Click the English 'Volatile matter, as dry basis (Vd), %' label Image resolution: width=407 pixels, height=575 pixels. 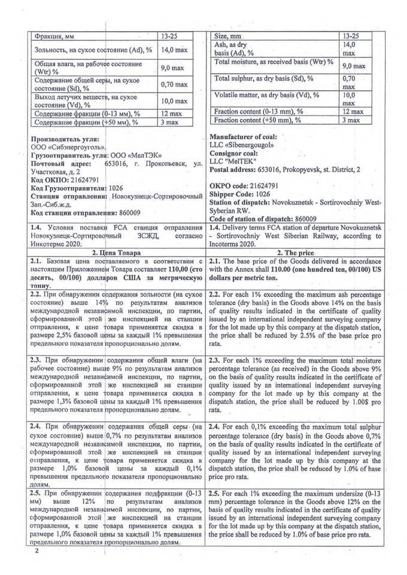click(x=267, y=96)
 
